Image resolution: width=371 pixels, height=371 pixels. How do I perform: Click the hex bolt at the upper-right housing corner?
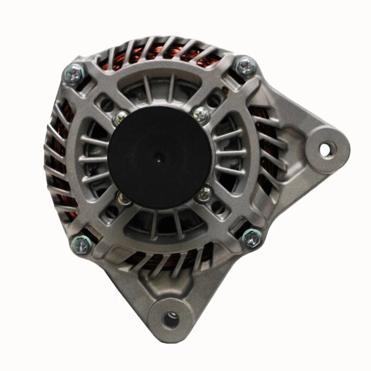[x=245, y=66]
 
